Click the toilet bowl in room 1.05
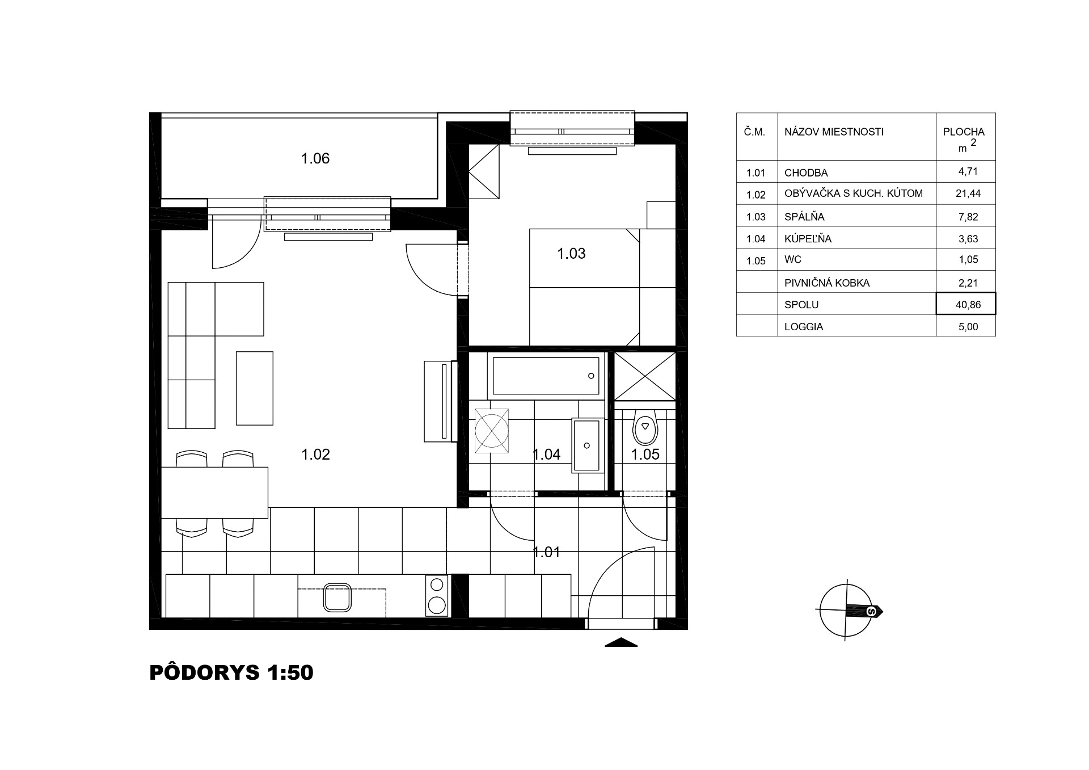click(645, 427)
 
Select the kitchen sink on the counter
click(338, 598)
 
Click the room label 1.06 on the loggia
click(315, 158)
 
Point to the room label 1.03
click(571, 253)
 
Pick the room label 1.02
click(315, 454)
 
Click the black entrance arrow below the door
click(621, 642)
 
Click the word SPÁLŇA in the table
click(804, 217)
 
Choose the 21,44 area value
click(968, 193)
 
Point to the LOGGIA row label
click(804, 327)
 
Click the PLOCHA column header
click(964, 132)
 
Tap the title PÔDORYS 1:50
click(231, 672)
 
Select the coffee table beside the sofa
click(255, 388)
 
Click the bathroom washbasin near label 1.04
click(586, 445)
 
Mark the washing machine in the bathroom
click(491, 431)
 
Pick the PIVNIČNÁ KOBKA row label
click(827, 283)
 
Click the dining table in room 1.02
click(214, 492)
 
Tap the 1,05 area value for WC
click(968, 260)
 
